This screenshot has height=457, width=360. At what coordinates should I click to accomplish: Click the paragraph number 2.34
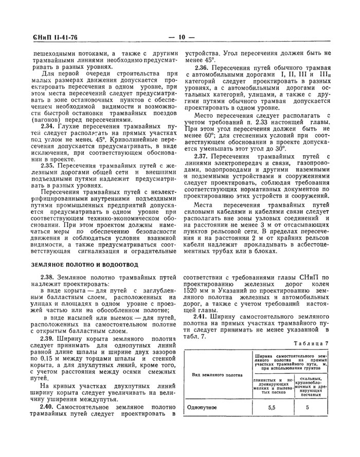point(49,126)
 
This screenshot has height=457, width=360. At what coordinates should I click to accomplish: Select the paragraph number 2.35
point(49,166)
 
